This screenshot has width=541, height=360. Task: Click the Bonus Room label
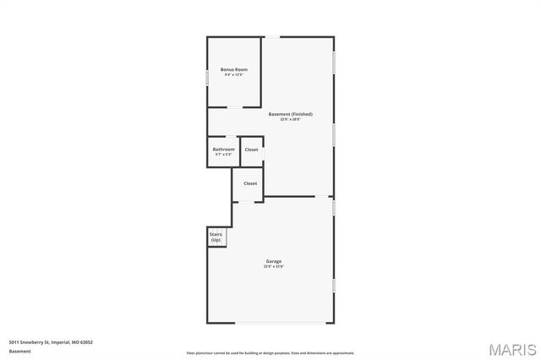(233, 68)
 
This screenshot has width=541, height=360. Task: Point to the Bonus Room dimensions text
(233, 75)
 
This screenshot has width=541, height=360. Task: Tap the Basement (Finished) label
(290, 114)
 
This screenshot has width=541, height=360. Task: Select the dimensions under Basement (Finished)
(290, 120)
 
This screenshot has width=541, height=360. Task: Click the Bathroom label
(223, 149)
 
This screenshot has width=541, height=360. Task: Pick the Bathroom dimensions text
(223, 155)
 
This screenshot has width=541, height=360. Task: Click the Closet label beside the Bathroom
(251, 150)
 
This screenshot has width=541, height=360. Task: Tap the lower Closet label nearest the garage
(250, 183)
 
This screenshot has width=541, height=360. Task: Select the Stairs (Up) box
(216, 237)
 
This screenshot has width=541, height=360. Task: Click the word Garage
(273, 261)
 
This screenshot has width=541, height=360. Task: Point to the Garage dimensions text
(273, 267)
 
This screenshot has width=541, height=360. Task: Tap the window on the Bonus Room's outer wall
(208, 77)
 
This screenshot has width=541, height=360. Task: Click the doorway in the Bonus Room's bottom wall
(231, 107)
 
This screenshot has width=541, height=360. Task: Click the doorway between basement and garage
(324, 198)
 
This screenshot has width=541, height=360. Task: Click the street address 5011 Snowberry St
(51, 342)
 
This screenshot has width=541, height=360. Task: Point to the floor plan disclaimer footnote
(270, 353)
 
